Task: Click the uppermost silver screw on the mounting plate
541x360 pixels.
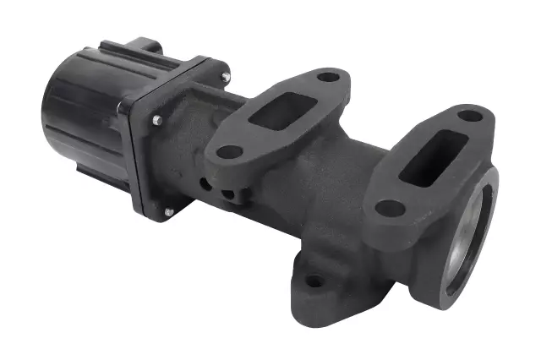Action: coord(226,78)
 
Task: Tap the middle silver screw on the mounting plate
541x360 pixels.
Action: coord(157,121)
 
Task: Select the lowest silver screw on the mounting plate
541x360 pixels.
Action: coord(168,211)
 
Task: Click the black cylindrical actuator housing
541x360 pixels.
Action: coord(80,118)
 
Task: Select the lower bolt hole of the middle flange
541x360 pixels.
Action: coord(227,153)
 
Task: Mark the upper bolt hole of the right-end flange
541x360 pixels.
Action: coord(470,114)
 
